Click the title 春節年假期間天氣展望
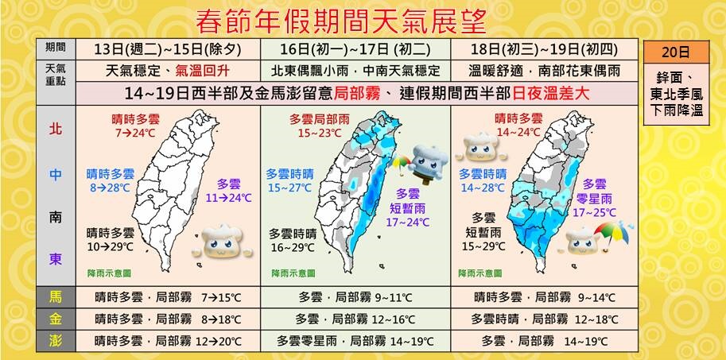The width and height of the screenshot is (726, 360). click(341, 17)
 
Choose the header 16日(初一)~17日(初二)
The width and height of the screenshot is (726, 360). click(355, 48)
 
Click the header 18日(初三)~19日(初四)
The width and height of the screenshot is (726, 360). click(544, 48)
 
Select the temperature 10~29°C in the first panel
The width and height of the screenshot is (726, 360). click(111, 246)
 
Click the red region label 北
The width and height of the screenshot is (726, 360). click(55, 127)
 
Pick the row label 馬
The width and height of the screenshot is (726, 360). click(55, 297)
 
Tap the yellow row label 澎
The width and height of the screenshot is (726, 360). click(55, 341)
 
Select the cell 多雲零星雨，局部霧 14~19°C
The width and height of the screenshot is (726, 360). click(355, 341)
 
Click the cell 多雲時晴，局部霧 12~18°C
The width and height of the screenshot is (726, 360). click(543, 319)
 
